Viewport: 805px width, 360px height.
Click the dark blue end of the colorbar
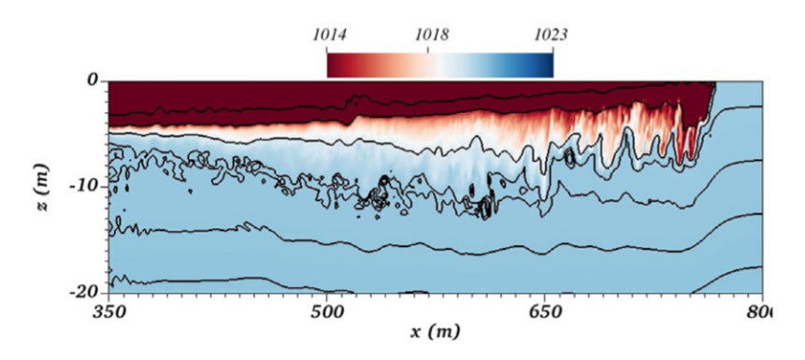[548, 64]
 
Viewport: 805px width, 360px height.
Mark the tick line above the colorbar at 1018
[428, 49]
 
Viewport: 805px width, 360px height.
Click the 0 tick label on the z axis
[93, 81]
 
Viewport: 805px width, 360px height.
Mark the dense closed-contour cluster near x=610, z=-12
[484, 206]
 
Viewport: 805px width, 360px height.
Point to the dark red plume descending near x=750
[692, 131]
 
